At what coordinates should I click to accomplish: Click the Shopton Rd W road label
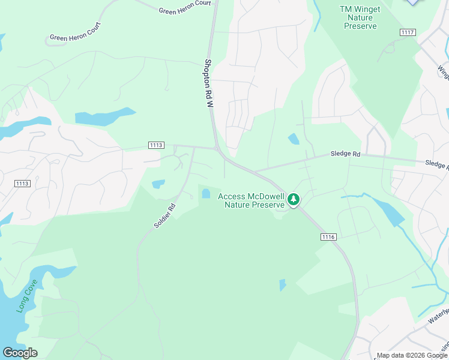click(x=209, y=83)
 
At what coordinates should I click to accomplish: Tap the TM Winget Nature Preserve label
click(x=358, y=17)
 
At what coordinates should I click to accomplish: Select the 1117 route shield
click(x=408, y=32)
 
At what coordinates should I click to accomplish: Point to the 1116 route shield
click(x=328, y=237)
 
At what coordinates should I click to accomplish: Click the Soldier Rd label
click(x=164, y=216)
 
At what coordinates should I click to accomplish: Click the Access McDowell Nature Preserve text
click(x=251, y=200)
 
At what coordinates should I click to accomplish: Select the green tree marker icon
click(x=294, y=199)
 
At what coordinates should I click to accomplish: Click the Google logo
click(x=20, y=353)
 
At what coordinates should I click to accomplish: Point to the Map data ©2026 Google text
click(x=412, y=355)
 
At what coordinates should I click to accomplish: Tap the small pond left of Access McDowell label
click(x=206, y=193)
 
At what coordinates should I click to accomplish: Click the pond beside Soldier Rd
click(x=158, y=184)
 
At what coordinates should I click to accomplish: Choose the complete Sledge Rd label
click(x=345, y=154)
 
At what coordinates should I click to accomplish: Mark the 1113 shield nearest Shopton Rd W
click(x=156, y=145)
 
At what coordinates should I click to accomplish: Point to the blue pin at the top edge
click(x=412, y=2)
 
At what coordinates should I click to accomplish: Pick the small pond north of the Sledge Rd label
click(x=294, y=139)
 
